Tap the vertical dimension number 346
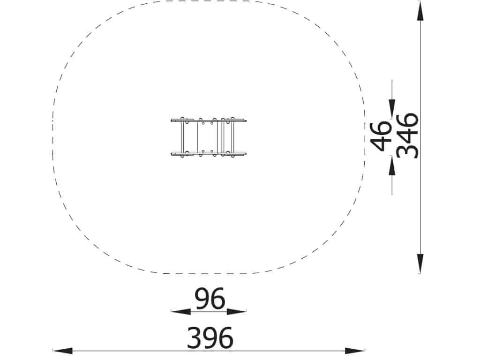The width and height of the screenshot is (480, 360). pyautogui.click(x=407, y=135)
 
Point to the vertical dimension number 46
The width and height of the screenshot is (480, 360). pyautogui.click(x=381, y=136)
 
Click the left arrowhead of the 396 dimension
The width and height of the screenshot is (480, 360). pyautogui.click(x=62, y=351)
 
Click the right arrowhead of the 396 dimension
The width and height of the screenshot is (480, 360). pyautogui.click(x=355, y=351)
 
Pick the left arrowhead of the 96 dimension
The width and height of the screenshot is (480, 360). pyautogui.click(x=180, y=312)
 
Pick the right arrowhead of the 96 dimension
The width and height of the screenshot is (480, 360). pyautogui.click(x=237, y=312)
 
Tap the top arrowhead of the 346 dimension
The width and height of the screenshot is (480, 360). pyautogui.click(x=420, y=11)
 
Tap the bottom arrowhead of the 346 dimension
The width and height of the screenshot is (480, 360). pyautogui.click(x=420, y=263)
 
